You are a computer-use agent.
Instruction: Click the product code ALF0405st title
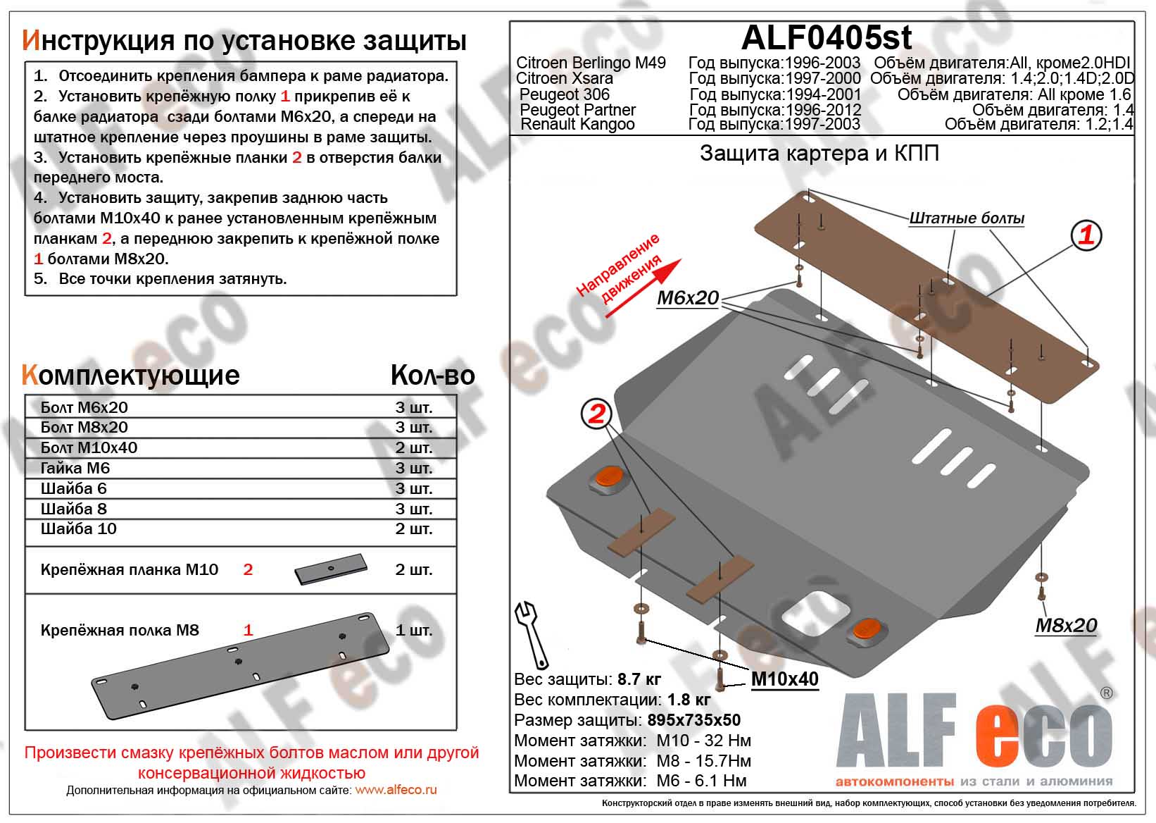coord(827,37)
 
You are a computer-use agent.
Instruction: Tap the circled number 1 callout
coord(1086,235)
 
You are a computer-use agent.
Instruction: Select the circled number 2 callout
coord(596,414)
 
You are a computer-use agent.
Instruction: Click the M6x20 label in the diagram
coord(688,298)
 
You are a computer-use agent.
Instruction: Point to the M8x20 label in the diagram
coord(1066,625)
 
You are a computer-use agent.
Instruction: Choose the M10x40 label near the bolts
coord(785,679)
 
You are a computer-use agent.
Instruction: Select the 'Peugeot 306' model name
coord(565,94)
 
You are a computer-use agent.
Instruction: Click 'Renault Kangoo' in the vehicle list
coord(577,124)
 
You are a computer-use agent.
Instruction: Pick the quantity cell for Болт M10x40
coord(414,447)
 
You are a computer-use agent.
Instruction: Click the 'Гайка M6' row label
coord(75,468)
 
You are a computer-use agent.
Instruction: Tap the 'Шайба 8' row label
coord(74,509)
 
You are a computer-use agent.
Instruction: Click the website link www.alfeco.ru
coord(396,790)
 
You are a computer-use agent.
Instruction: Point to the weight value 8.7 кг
coord(639,679)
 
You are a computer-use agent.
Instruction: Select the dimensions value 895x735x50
coord(691,720)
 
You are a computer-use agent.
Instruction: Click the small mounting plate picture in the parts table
coord(332,569)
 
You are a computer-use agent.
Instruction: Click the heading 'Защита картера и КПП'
coord(819,154)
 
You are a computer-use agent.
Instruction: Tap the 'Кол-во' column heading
coord(432,376)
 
